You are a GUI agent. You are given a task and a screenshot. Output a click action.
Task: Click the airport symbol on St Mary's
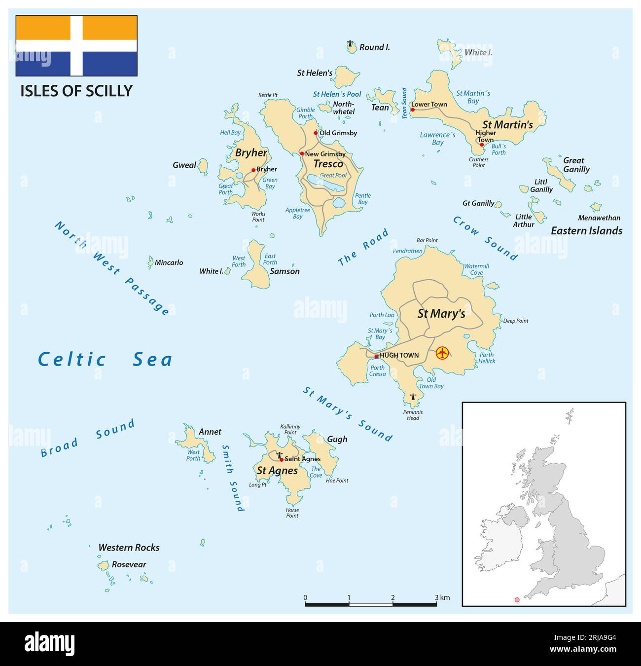(442, 353)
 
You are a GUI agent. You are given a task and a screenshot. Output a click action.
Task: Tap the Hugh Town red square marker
(376, 356)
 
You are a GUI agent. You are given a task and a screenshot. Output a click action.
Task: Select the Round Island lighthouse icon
(351, 45)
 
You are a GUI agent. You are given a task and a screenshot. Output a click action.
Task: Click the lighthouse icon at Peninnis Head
(413, 397)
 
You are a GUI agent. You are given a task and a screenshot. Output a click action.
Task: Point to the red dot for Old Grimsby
(316, 133)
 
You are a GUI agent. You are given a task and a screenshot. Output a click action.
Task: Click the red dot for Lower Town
(413, 110)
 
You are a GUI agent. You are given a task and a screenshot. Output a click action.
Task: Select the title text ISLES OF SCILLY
(76, 91)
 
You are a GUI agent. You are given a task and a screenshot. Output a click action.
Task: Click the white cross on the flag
(76, 45)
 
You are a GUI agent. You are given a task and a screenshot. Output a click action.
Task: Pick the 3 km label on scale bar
(442, 598)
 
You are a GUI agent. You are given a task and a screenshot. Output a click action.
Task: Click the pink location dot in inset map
(517, 600)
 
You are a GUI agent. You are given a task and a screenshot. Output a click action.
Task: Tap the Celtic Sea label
(106, 359)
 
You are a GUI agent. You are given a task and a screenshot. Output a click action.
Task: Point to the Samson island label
(285, 271)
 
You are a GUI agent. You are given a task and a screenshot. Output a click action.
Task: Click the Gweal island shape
(203, 167)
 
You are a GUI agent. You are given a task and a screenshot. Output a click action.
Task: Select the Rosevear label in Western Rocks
(129, 564)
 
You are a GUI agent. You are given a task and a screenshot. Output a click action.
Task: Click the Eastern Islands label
(586, 231)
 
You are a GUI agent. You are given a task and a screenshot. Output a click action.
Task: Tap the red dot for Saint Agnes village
(282, 459)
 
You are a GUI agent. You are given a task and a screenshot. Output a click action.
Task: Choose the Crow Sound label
(486, 238)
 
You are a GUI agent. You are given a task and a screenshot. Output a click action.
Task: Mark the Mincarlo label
(169, 262)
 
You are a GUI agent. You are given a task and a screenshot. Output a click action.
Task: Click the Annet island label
(210, 432)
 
